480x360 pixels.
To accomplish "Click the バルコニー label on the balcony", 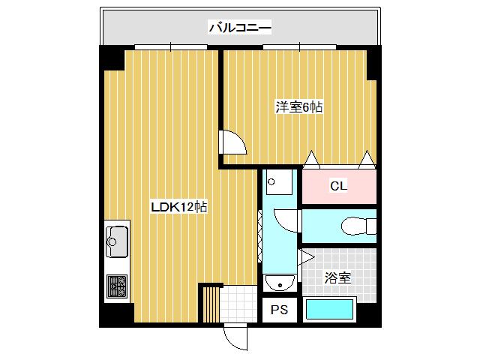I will [x=239, y=28].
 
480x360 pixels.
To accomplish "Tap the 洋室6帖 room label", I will [x=298, y=107].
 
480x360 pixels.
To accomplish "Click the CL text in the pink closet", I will [x=338, y=186].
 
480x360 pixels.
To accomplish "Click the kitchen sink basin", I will [x=117, y=241].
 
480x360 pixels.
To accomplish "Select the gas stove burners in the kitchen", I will [x=117, y=286].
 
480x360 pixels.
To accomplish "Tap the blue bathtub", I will [x=329, y=309].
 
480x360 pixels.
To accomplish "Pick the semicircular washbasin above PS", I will [x=279, y=283].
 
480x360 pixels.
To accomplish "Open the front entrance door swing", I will [x=235, y=337].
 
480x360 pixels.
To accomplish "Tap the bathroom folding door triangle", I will [x=306, y=258].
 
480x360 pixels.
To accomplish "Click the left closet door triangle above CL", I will [x=311, y=158].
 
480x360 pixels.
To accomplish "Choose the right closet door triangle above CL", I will [x=366, y=158].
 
